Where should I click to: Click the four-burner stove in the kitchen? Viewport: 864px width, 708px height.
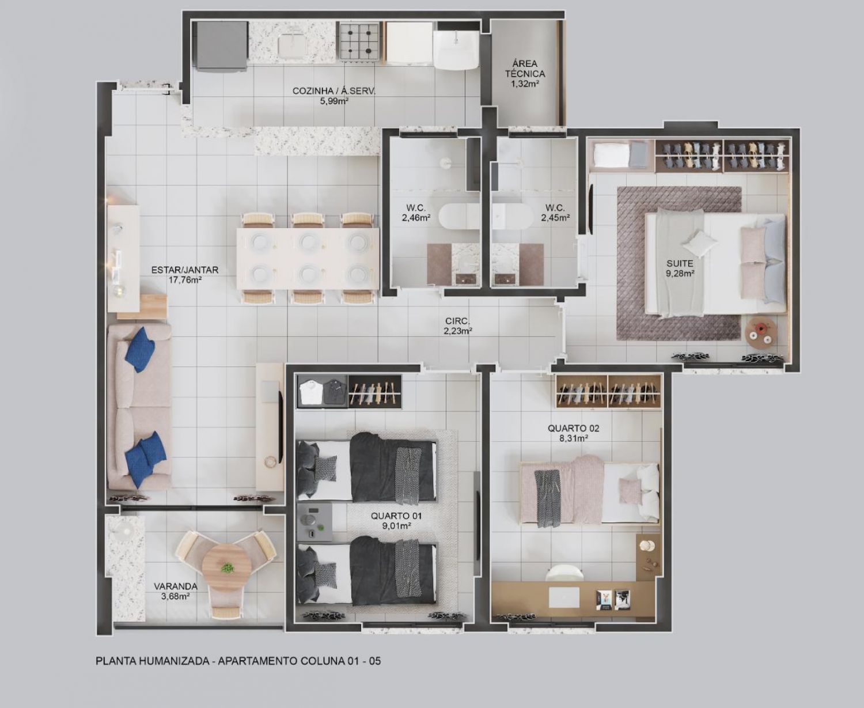(x=359, y=41)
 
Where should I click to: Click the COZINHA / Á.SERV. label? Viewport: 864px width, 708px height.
(x=334, y=91)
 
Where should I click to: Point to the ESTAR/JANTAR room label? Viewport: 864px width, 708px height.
(x=185, y=270)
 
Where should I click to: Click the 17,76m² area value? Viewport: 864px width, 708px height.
(x=185, y=281)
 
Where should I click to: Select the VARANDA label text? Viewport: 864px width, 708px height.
(x=175, y=586)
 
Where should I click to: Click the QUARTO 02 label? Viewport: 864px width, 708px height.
(x=574, y=428)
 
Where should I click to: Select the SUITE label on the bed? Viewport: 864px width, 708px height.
(x=680, y=263)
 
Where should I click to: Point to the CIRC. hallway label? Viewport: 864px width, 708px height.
(x=457, y=321)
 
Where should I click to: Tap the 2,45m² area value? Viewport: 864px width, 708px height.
(x=555, y=218)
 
